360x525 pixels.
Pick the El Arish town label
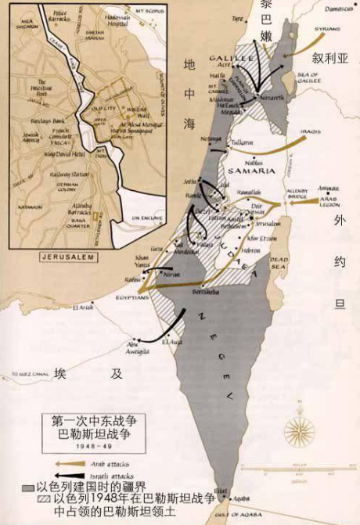click(83, 307)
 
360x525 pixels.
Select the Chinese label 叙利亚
click(328, 57)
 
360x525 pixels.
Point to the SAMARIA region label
click(248, 170)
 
